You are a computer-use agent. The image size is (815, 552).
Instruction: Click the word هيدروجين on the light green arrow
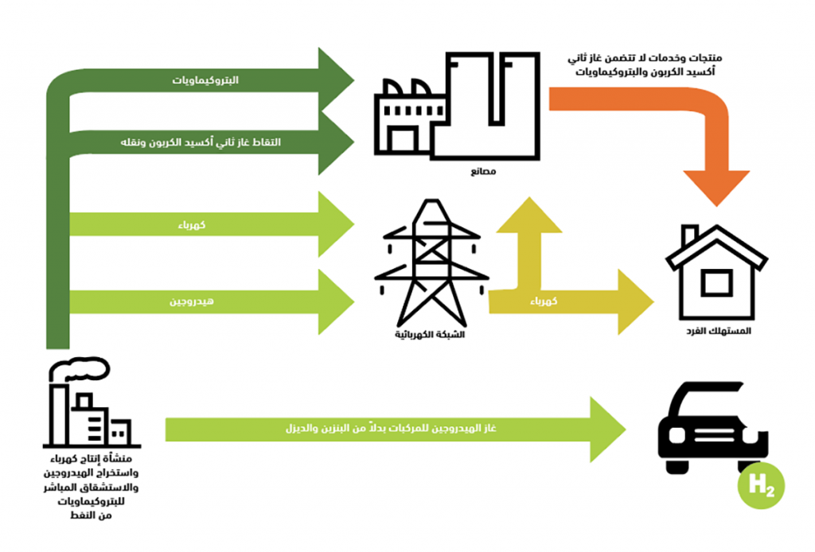[x=187, y=302]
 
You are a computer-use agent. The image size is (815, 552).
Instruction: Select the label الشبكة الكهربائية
[x=431, y=334]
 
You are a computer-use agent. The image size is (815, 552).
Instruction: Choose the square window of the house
[x=716, y=283]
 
